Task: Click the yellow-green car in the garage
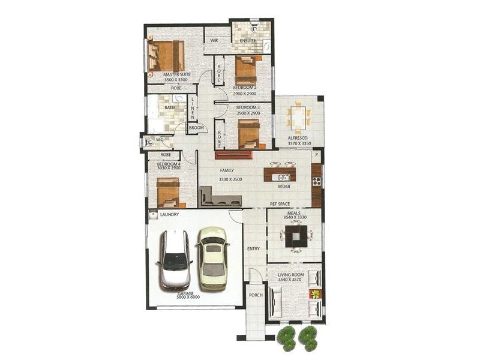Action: click(212, 259)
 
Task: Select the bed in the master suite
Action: click(166, 56)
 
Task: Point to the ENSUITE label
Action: click(248, 41)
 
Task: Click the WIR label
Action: click(213, 40)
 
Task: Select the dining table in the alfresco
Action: click(298, 118)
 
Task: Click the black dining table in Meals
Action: click(296, 235)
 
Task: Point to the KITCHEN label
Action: click(284, 187)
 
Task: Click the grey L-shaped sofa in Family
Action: click(218, 197)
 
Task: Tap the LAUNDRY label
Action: click(169, 214)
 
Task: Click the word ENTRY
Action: click(254, 249)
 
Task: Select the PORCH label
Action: click(256, 295)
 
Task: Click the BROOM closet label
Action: click(196, 128)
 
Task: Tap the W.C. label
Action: click(160, 140)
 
